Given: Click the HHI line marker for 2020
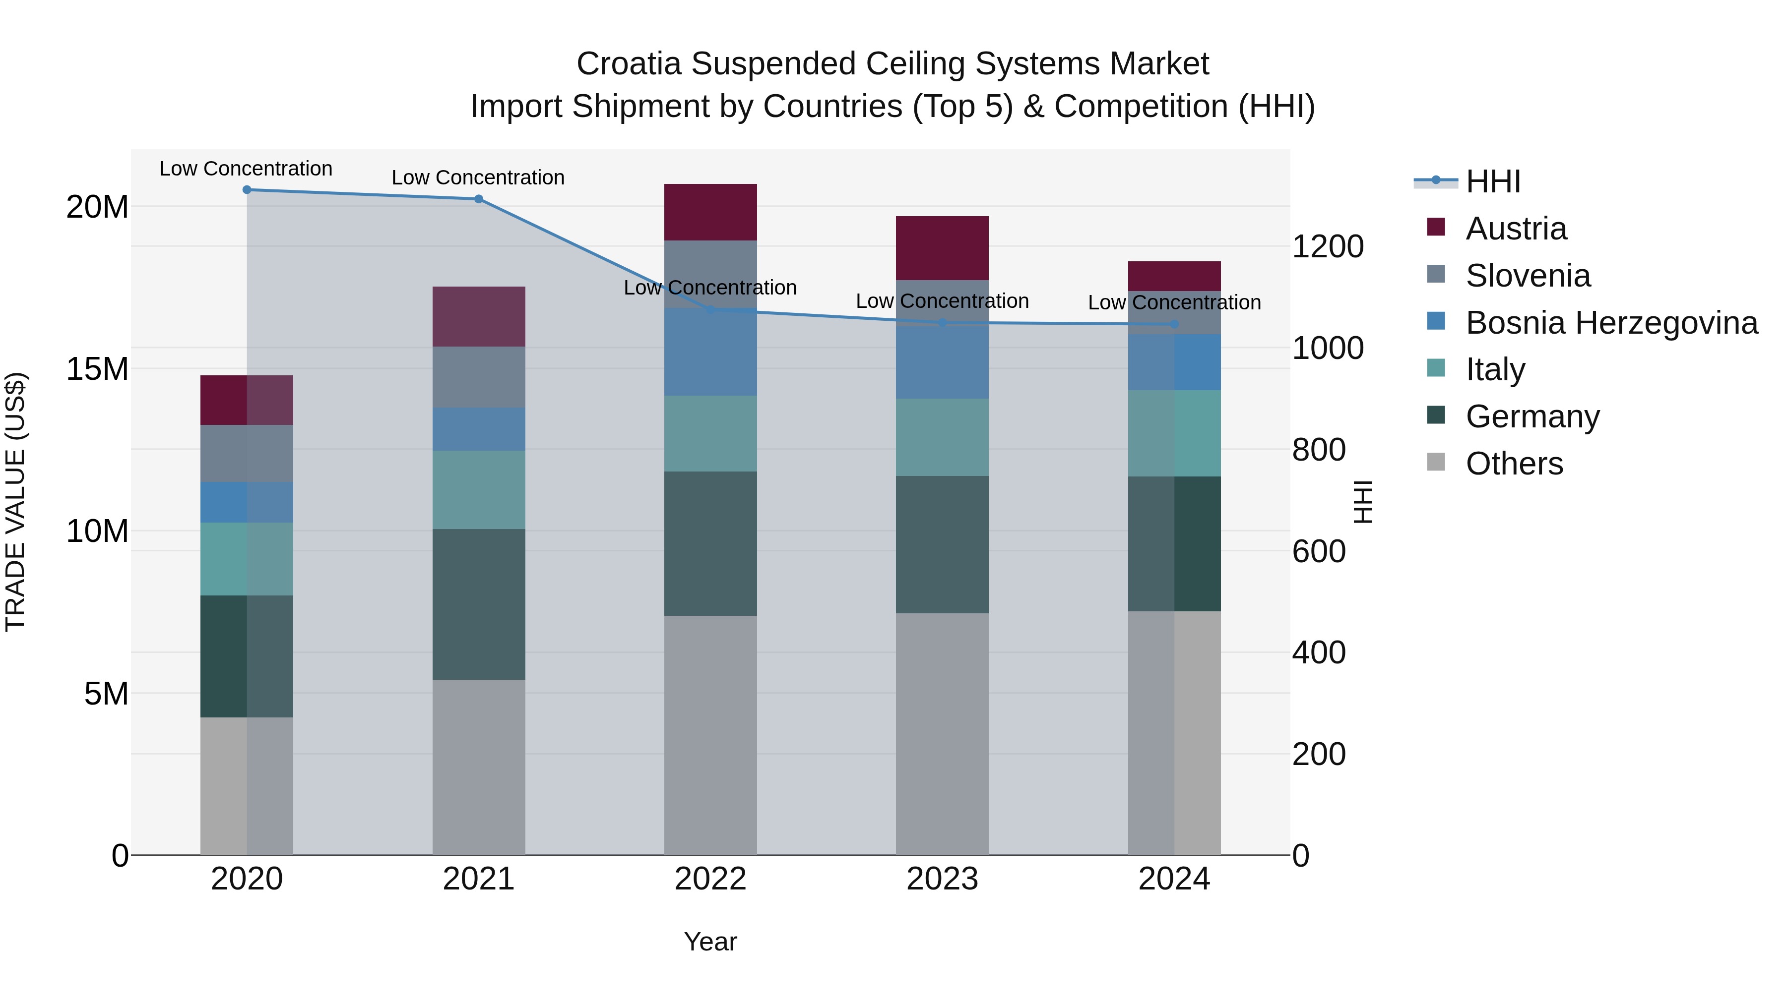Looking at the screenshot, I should pyautogui.click(x=247, y=190).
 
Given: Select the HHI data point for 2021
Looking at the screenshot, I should pyautogui.click(x=478, y=199).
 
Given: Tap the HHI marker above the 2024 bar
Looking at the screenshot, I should pyautogui.click(x=1174, y=324).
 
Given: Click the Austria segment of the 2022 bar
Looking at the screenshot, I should pyautogui.click(x=710, y=212).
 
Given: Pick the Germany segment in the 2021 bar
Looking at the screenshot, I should pyautogui.click(x=478, y=604).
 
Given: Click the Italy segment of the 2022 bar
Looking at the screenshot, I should pyautogui.click(x=710, y=434).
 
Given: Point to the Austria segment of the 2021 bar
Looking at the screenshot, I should pyautogui.click(x=478, y=317).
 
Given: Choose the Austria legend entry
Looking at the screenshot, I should pyautogui.click(x=1516, y=229).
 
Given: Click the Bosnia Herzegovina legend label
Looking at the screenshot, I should pyautogui.click(x=1611, y=323).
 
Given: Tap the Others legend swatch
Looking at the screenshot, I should pyautogui.click(x=1436, y=462).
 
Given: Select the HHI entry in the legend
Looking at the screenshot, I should pyautogui.click(x=1493, y=181).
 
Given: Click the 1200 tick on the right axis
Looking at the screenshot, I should pyautogui.click(x=1327, y=247).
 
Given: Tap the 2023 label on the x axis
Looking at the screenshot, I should pyautogui.click(x=942, y=879).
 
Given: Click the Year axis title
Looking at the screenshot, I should pyautogui.click(x=710, y=942).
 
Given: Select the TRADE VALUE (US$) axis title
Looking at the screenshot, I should pyautogui.click(x=15, y=502).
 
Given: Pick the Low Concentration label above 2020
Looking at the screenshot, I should pyautogui.click(x=246, y=169).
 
